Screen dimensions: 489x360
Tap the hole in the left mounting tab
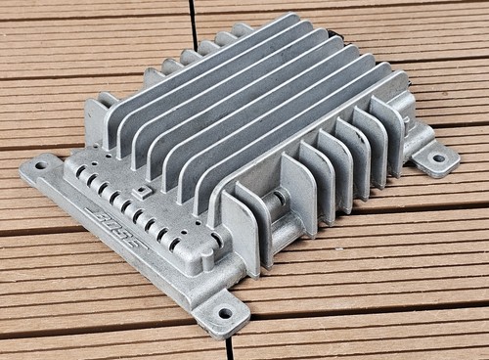pyautogui.click(x=41, y=165)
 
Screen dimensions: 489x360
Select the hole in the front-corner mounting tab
pyautogui.click(x=225, y=314)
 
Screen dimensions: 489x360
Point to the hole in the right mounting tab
pyautogui.click(x=439, y=158)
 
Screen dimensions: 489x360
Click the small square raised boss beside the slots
pyautogui.click(x=142, y=193)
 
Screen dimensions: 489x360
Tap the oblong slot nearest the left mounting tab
pyautogui.click(x=80, y=172)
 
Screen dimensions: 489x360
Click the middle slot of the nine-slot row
pyautogui.click(x=126, y=206)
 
